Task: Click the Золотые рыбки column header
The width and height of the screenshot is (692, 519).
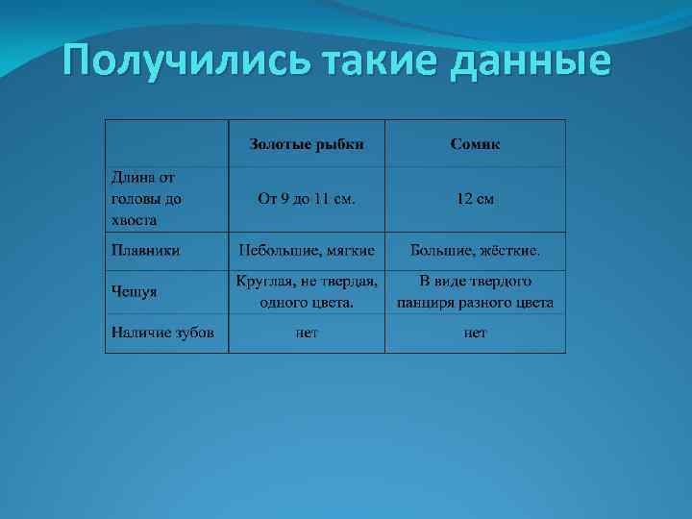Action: [307, 144]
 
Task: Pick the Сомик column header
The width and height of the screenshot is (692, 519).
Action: [475, 144]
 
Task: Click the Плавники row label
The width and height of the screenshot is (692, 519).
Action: [146, 251]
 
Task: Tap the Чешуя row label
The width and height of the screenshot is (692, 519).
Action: [135, 291]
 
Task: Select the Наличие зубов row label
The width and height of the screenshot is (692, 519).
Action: [162, 333]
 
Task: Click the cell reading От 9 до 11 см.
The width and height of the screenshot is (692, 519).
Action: [307, 200]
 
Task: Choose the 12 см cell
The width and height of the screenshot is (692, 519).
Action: [475, 200]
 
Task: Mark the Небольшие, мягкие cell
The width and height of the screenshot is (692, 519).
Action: [307, 251]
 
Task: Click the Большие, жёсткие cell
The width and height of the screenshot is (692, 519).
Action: [475, 251]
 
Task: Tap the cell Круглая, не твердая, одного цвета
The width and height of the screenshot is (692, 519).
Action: [307, 291]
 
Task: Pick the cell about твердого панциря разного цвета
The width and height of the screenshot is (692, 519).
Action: [475, 291]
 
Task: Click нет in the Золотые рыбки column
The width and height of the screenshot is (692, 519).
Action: [307, 333]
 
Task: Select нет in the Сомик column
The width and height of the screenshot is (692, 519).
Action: [475, 333]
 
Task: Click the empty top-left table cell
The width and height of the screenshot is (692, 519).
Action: [166, 143]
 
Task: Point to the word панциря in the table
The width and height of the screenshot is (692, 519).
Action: [427, 303]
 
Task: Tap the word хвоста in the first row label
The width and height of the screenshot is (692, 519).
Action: [135, 220]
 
